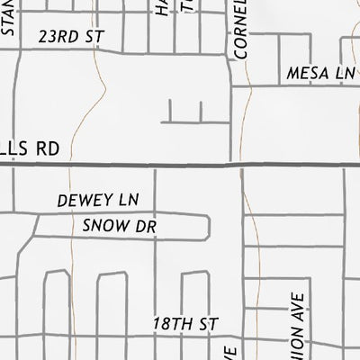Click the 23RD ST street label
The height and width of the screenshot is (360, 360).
pyautogui.click(x=72, y=37)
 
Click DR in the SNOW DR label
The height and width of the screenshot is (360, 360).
pyautogui.click(x=147, y=227)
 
